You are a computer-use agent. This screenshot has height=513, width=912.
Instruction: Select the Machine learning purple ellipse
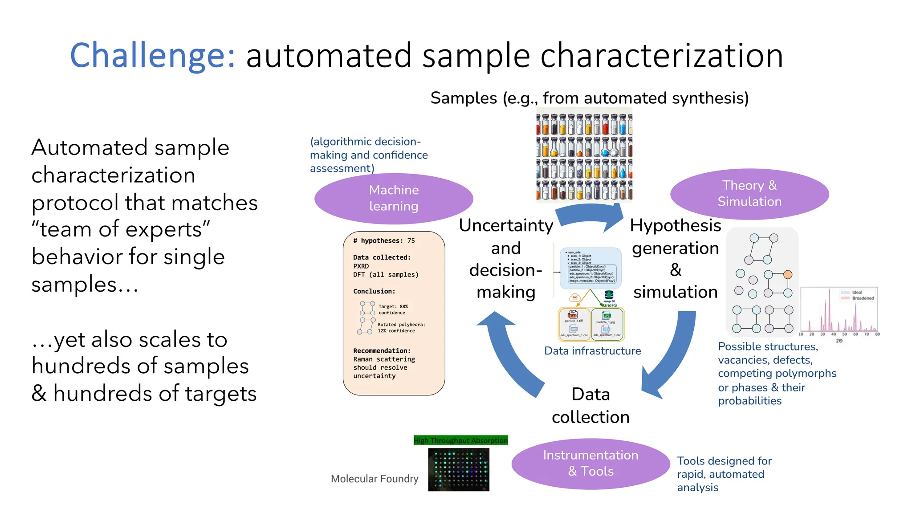394,198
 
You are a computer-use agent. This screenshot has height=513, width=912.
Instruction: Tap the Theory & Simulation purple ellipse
749,194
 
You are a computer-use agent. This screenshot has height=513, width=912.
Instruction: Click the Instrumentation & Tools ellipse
590,464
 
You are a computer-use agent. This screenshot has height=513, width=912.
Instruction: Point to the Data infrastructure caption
592,351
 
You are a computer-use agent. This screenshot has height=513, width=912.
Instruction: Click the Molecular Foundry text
375,479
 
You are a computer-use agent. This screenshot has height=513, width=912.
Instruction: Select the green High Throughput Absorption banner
460,440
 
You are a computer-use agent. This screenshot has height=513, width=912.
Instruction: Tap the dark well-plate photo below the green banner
459,469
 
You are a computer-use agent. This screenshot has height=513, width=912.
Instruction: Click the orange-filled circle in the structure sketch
788,274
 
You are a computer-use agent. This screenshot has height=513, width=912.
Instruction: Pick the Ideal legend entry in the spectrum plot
857,293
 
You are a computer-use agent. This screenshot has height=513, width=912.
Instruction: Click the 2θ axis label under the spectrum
839,341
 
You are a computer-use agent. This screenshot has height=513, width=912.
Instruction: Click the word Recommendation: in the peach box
382,350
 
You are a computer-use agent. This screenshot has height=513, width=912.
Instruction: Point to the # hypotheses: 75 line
384,240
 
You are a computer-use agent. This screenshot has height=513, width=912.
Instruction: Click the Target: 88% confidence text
393,309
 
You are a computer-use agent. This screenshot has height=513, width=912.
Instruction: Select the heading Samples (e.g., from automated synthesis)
589,98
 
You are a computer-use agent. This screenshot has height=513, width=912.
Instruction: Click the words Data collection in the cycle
590,405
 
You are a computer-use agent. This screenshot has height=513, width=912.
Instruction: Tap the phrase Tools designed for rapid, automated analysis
724,474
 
